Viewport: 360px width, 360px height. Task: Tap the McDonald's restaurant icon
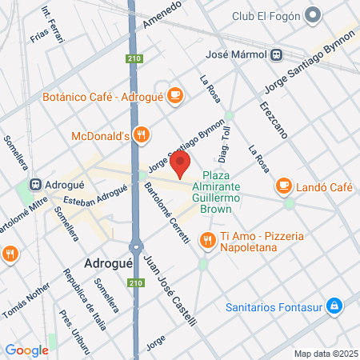pos(141,135)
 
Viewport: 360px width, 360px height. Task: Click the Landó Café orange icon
pos(283,186)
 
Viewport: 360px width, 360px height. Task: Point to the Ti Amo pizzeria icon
pos(207,238)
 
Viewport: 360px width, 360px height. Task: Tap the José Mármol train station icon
pos(275,55)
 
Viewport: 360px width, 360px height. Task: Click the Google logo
pos(26,350)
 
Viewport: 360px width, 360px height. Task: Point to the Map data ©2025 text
pos(325,353)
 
